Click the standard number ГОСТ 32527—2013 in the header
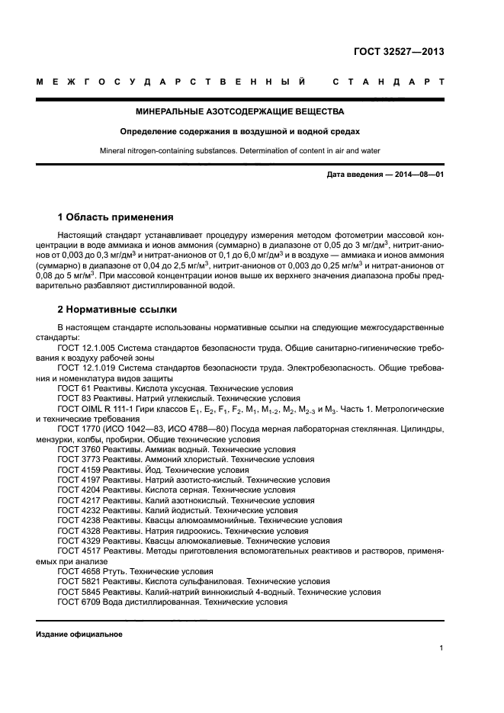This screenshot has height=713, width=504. point(399,53)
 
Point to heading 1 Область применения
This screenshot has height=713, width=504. point(115,217)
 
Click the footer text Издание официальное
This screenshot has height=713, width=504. point(79,634)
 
